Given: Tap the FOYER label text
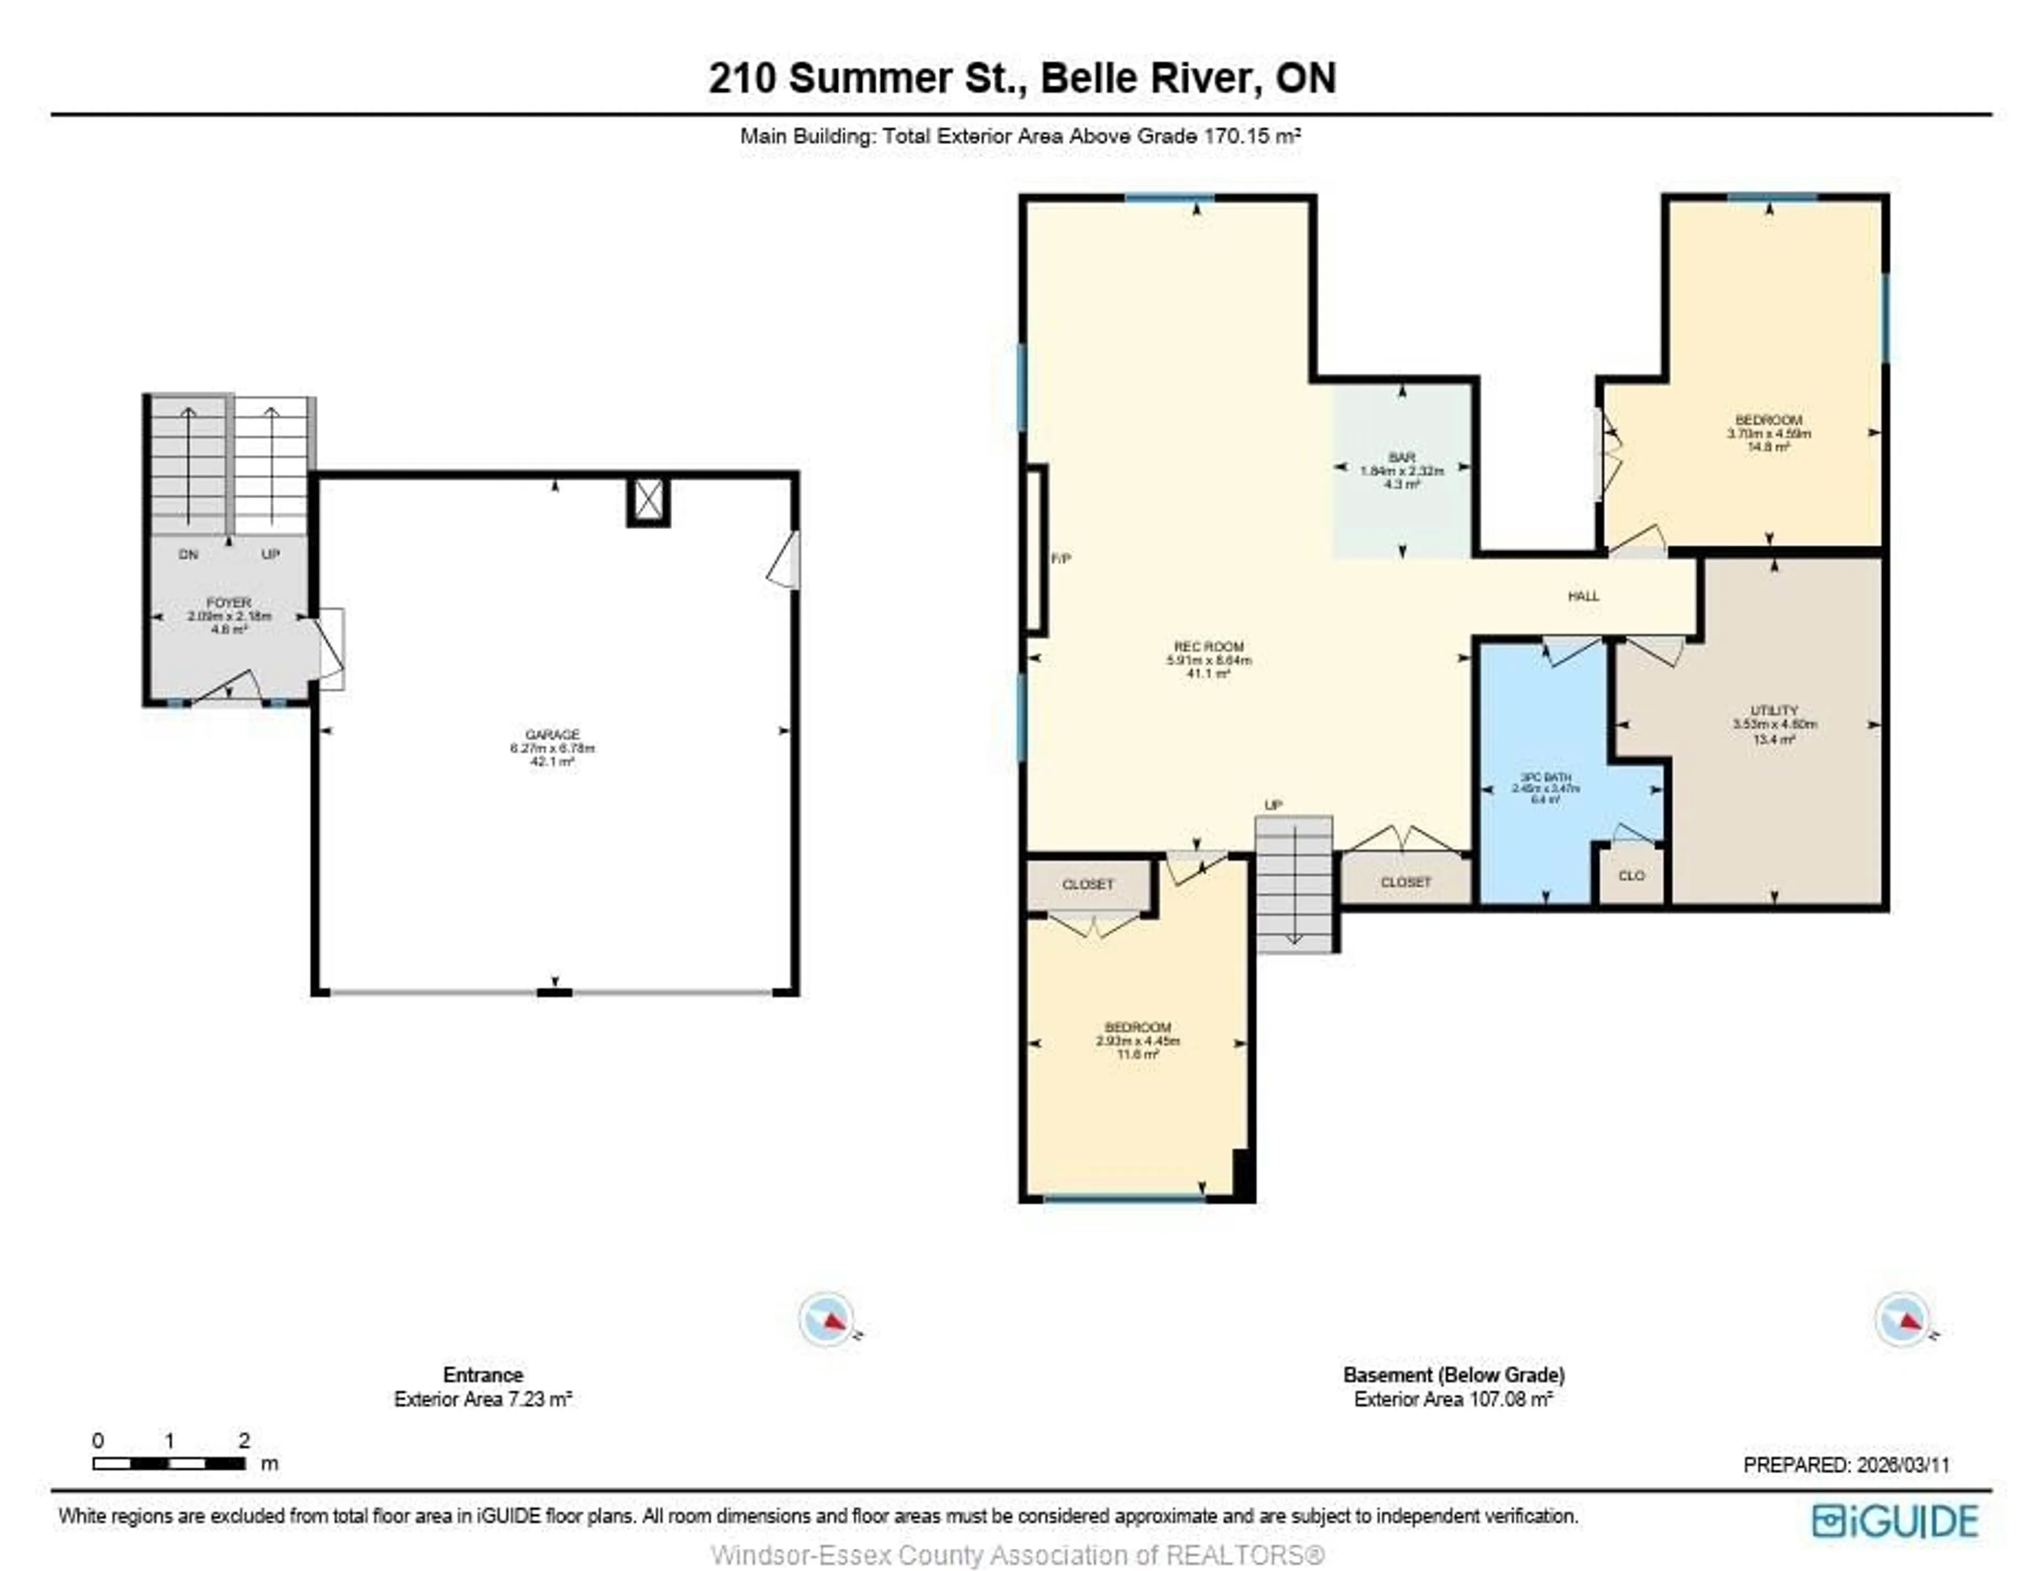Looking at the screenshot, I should (228, 603).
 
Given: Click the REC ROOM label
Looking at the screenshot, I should (1208, 646).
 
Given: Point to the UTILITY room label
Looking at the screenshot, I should (1773, 711).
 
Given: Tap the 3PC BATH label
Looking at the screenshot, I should (1545, 777).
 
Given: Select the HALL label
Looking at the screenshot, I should (1583, 596).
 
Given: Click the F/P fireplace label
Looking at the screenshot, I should (1061, 558).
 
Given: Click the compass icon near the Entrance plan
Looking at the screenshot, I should (827, 1319).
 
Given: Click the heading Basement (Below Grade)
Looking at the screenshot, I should (1453, 1375).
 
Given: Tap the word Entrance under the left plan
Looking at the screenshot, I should (482, 1375).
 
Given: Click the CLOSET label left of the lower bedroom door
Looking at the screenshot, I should (1087, 884).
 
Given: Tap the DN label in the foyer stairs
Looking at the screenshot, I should (188, 555).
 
